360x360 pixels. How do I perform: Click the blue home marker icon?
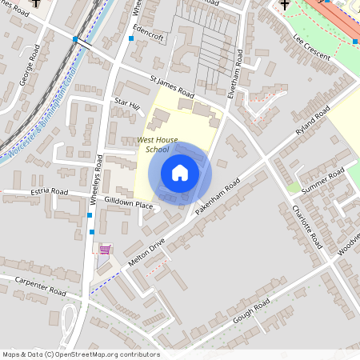[x=179, y=173]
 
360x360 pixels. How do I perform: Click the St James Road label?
[x=173, y=86]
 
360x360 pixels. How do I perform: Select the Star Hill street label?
[x=126, y=104]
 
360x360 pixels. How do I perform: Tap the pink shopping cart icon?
[x=105, y=250]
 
